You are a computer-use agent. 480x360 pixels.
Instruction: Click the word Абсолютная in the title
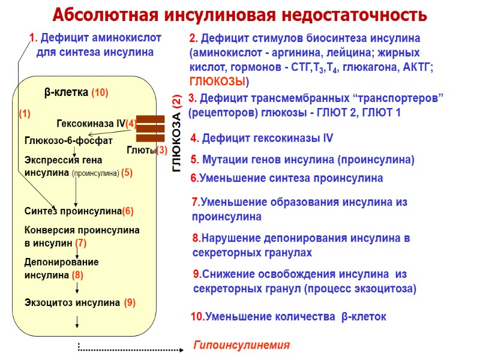[x=113, y=14]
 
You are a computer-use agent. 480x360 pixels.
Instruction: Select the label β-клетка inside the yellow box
[x=66, y=93]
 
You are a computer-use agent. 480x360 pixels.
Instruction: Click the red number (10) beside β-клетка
[x=100, y=93]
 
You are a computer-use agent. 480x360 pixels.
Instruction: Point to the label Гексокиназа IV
[x=91, y=124]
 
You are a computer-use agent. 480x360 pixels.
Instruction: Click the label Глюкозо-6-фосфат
[x=68, y=140]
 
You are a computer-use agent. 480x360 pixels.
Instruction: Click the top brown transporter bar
[x=151, y=118]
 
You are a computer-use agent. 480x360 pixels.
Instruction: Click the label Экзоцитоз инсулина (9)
[x=80, y=302]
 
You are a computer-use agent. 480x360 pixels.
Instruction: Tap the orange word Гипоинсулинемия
[x=241, y=345]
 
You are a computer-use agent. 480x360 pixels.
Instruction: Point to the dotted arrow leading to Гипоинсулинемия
[x=129, y=349]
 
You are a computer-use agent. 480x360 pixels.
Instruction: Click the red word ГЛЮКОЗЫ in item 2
[x=217, y=81]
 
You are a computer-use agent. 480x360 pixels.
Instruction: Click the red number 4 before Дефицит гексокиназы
[x=194, y=139]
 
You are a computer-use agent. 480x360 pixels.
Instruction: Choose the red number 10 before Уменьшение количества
[x=196, y=316]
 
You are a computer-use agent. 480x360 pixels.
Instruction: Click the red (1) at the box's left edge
[x=25, y=113]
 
